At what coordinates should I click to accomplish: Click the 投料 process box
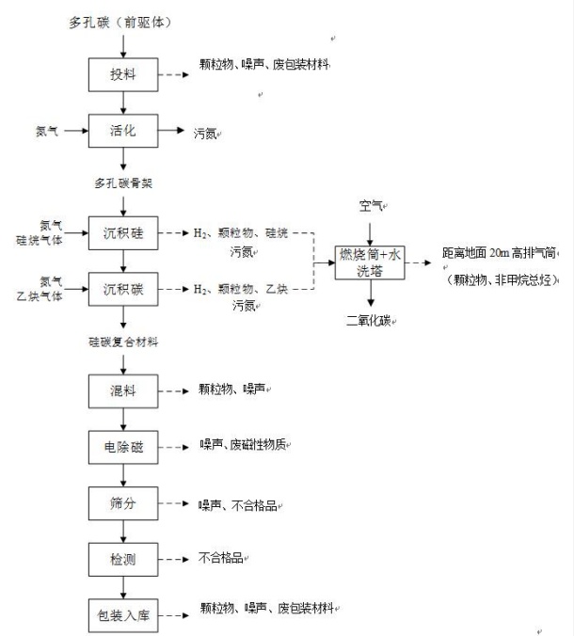pyautogui.click(x=122, y=74)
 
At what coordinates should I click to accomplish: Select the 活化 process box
pyautogui.click(x=122, y=131)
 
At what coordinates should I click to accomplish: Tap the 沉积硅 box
pyautogui.click(x=122, y=231)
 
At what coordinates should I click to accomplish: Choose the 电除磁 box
pyautogui.click(x=122, y=446)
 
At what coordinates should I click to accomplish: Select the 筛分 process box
pyautogui.click(x=122, y=503)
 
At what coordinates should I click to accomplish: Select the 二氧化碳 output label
pyautogui.click(x=370, y=321)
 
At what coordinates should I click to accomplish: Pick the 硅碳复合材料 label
pyautogui.click(x=123, y=342)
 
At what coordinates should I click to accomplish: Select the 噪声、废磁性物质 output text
pyautogui.click(x=242, y=444)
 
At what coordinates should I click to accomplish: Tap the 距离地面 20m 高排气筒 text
pyautogui.click(x=499, y=254)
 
